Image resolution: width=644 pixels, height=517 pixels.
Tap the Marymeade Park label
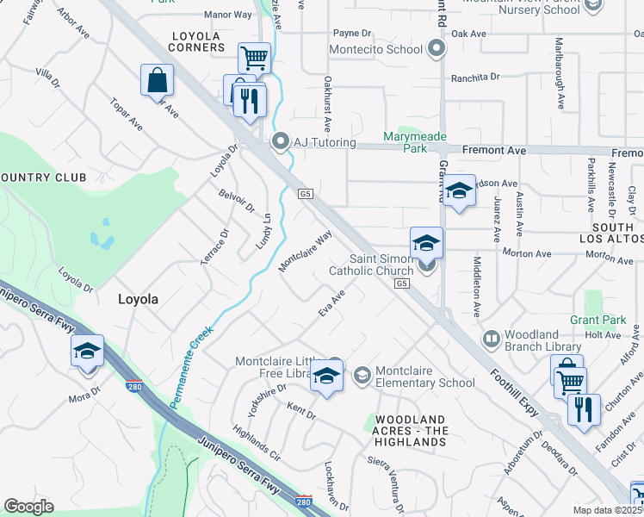click(406, 142)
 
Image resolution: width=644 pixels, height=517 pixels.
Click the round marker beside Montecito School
click(437, 49)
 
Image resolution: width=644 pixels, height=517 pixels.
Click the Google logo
click(28, 506)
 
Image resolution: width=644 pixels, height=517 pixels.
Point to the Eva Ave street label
click(331, 303)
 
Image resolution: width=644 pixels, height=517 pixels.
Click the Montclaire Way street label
click(305, 251)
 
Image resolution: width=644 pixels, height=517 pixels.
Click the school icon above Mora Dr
click(87, 352)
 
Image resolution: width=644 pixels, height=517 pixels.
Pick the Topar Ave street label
click(126, 113)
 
